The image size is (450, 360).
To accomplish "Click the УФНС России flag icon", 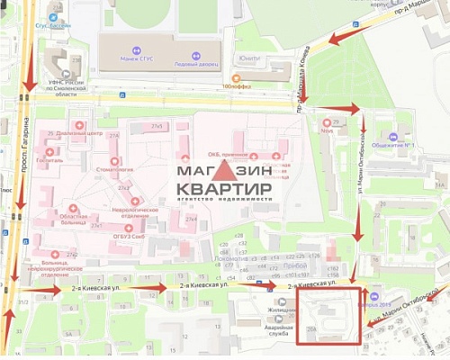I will click(x=67, y=72).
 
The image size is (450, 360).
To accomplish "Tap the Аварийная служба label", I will click(x=279, y=329).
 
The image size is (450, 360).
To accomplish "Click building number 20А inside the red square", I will click(x=310, y=329).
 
